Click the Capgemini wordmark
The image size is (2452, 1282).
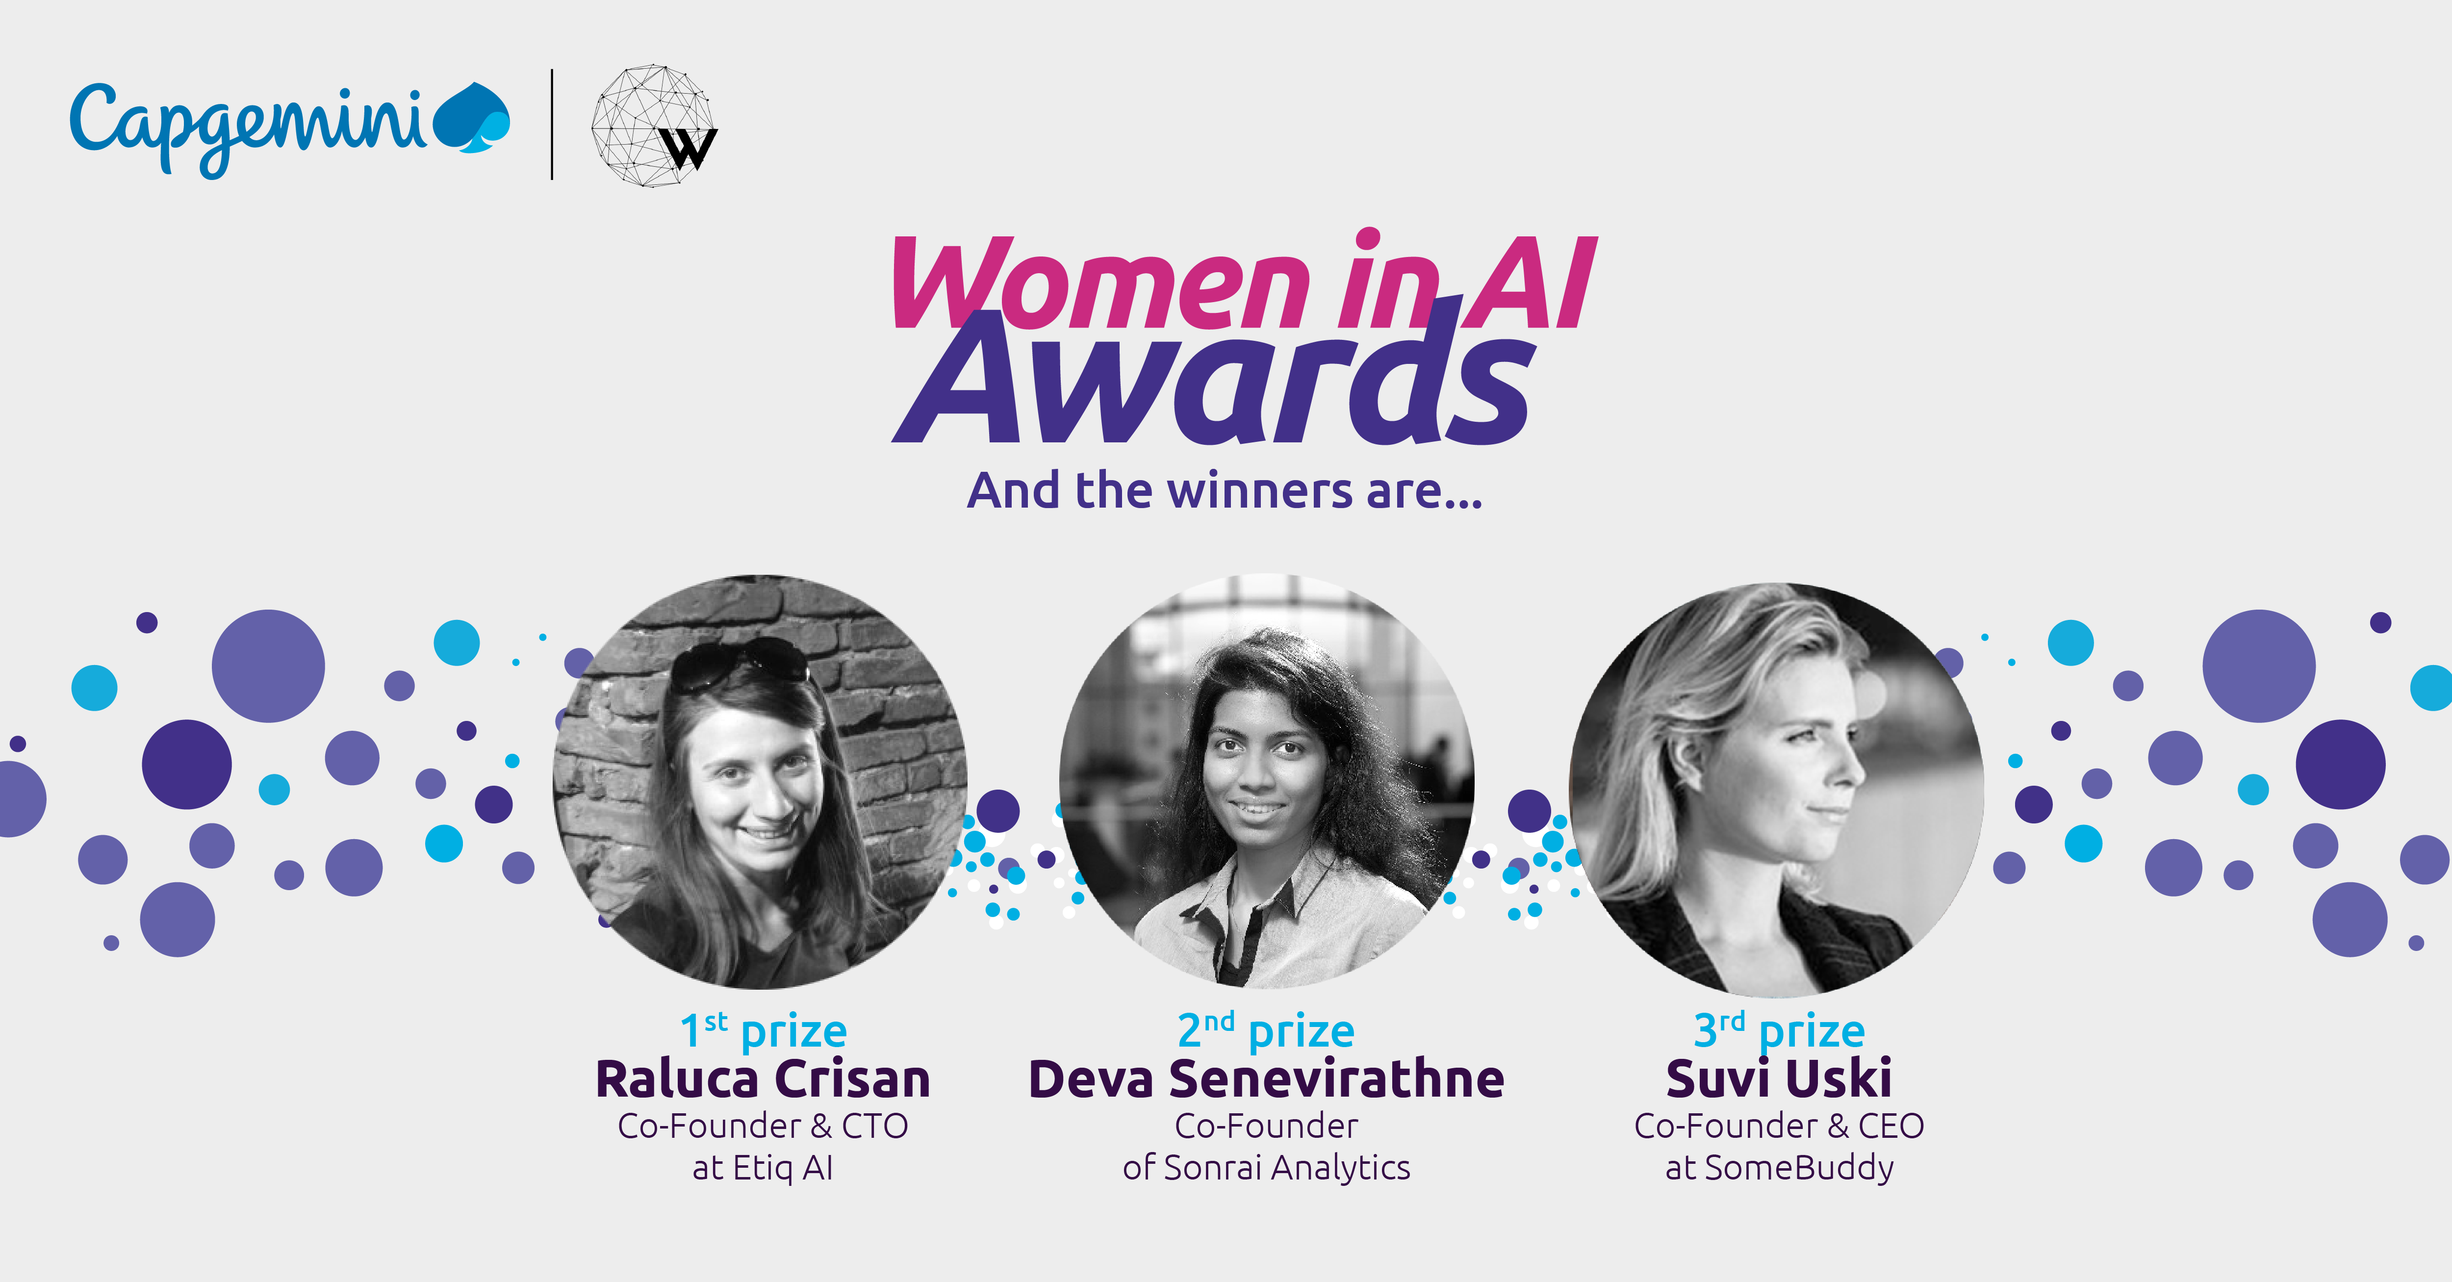click(248, 128)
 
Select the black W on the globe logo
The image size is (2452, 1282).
click(688, 148)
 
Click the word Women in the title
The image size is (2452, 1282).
click(1099, 282)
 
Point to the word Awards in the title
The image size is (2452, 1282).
click(1214, 381)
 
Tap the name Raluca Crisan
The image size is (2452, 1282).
click(763, 1079)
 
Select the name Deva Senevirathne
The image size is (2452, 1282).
click(1266, 1079)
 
